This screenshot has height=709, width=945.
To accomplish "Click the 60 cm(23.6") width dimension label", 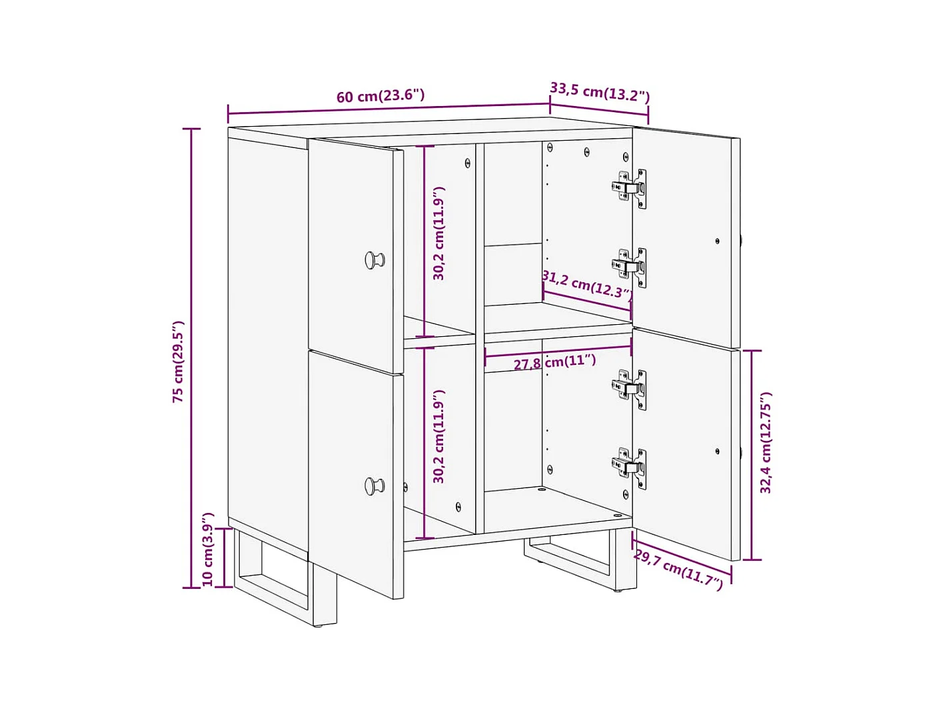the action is tap(380, 95).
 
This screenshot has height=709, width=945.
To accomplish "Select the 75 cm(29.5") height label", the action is tap(178, 362).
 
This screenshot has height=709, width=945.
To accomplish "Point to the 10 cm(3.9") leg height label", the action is tap(208, 549).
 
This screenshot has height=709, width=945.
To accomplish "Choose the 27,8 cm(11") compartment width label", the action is tap(555, 362).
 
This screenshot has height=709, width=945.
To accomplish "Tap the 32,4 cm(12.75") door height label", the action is tap(766, 442).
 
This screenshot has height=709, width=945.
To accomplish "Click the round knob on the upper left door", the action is tap(375, 259).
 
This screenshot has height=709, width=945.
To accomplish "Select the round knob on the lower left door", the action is tap(375, 486).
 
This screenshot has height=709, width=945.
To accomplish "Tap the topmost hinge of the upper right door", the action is tap(629, 189).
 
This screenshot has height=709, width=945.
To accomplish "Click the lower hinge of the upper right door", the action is tap(629, 267).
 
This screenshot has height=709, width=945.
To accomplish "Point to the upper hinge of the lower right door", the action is tap(629, 390).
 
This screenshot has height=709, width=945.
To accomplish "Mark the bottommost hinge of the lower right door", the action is tap(629, 468).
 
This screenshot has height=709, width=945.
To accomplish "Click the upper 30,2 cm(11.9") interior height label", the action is tap(439, 233).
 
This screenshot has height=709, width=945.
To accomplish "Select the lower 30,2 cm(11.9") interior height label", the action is tap(439, 436).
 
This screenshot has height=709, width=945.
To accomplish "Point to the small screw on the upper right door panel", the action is tap(717, 241).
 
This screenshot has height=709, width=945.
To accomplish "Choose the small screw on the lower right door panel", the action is tap(717, 452).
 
